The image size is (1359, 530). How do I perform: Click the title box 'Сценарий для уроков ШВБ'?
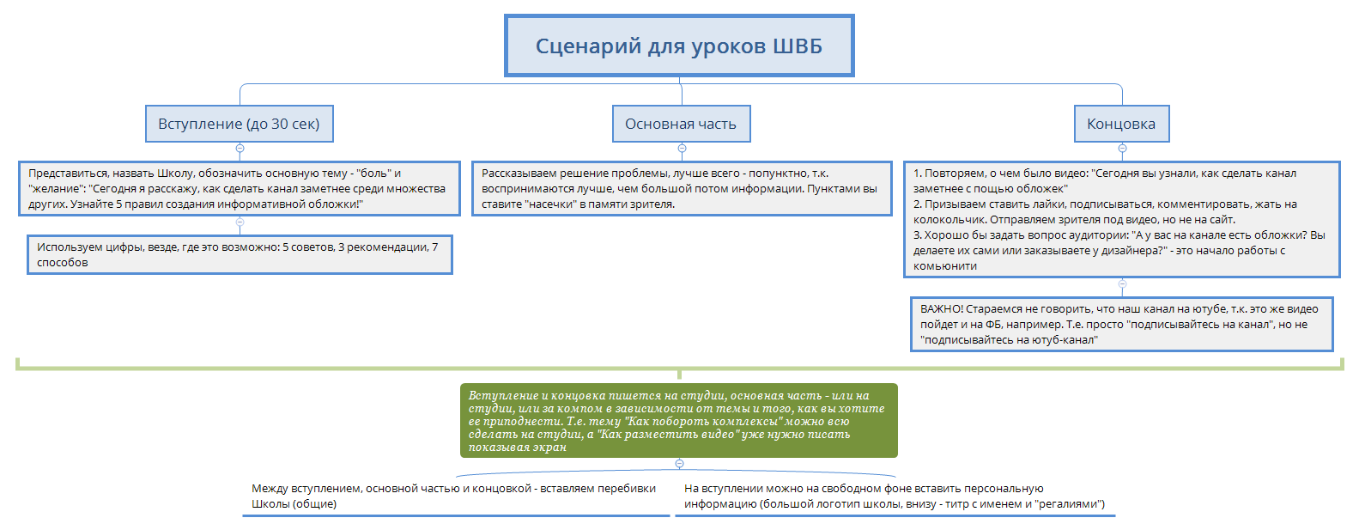(x=678, y=46)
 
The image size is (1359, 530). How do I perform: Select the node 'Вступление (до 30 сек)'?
(x=239, y=124)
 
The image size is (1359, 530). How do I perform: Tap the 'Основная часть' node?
(x=681, y=124)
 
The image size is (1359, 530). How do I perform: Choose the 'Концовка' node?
(x=1121, y=124)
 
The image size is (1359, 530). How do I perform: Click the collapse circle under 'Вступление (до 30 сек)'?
(x=240, y=149)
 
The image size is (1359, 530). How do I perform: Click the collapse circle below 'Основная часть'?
(x=682, y=149)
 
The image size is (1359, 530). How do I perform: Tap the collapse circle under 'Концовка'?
(x=1122, y=149)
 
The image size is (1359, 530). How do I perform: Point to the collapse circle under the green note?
(x=679, y=464)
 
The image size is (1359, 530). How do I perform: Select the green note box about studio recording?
(x=678, y=420)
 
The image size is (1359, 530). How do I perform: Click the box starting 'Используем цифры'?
(x=239, y=254)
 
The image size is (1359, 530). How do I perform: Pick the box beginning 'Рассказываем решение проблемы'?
(x=682, y=188)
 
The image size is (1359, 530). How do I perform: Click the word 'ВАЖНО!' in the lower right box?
(x=942, y=309)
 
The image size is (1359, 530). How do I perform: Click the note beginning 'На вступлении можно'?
(x=893, y=496)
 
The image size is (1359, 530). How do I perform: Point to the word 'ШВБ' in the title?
(x=798, y=46)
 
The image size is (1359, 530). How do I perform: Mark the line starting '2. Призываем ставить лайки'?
(x=1105, y=204)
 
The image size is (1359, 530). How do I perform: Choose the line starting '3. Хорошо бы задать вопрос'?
(x=1119, y=235)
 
